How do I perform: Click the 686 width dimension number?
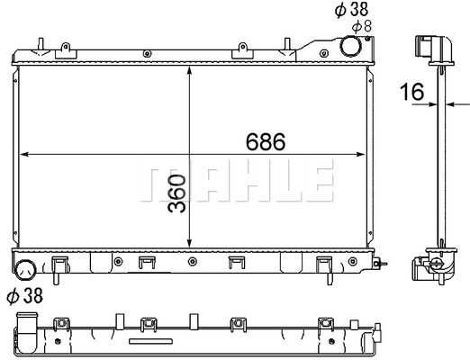tap(266, 141)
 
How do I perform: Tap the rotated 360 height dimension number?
tap(176, 193)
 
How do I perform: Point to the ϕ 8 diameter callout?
tap(362, 27)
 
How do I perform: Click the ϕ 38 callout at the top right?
tap(351, 9)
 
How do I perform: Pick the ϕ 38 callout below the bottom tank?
tap(25, 295)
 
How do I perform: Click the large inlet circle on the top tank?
tap(350, 46)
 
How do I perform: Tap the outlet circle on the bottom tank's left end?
tap(25, 270)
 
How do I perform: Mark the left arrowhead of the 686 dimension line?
tap(23, 154)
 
